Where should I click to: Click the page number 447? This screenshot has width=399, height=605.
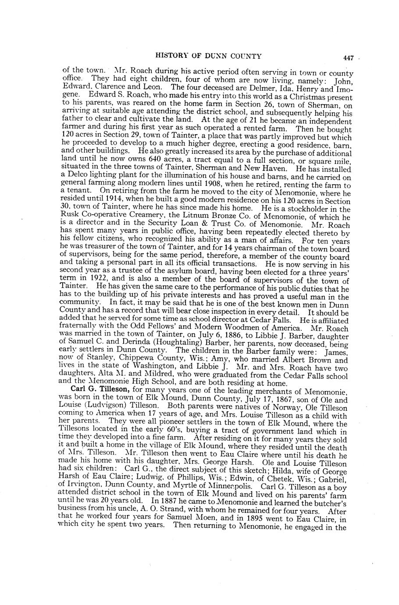[x=348, y=58]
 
